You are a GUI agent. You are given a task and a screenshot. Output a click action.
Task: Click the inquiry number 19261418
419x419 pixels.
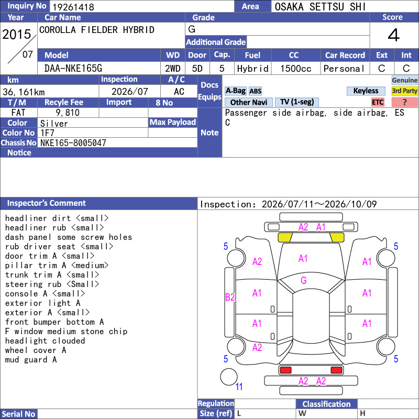pyautogui.click(x=73, y=7)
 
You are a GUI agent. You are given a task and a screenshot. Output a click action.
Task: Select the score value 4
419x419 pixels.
pyautogui.click(x=394, y=35)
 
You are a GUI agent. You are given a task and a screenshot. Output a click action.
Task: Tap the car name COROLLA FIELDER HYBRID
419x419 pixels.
pyautogui.click(x=97, y=30)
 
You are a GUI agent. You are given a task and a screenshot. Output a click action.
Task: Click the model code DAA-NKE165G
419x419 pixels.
pyautogui.click(x=73, y=69)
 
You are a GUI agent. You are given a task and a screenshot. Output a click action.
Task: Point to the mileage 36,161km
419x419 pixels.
pyautogui.click(x=24, y=92)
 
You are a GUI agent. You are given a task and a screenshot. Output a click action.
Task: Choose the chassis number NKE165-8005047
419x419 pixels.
pyautogui.click(x=73, y=143)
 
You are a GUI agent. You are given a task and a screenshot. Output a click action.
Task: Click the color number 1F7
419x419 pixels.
pyautogui.click(x=47, y=133)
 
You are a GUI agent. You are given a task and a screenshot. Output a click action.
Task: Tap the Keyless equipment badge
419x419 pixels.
pyautogui.click(x=366, y=91)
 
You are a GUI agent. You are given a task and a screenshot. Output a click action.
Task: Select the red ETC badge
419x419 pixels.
pyautogui.click(x=378, y=102)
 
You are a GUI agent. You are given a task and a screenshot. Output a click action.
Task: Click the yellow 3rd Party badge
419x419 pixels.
pyautogui.click(x=404, y=91)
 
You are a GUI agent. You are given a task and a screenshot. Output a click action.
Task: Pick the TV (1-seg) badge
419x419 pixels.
pyautogui.click(x=296, y=102)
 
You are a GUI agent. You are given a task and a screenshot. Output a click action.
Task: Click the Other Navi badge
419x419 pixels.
pyautogui.click(x=248, y=102)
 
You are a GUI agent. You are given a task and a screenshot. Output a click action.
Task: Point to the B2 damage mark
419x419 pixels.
pyautogui.click(x=230, y=297)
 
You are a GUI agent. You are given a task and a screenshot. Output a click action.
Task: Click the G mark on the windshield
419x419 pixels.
pyautogui.click(x=304, y=280)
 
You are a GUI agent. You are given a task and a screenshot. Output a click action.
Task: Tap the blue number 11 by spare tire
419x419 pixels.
pyautogui.click(x=239, y=387)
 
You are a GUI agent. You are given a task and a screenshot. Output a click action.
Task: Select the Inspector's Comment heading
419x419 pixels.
pyautogui.click(x=46, y=203)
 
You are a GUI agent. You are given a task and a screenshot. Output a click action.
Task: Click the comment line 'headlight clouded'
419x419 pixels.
pyautogui.click(x=45, y=341)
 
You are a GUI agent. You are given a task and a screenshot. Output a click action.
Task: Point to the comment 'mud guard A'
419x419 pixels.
pyautogui.click(x=31, y=360)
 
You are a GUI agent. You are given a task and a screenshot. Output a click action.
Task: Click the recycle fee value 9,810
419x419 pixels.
pyautogui.click(x=68, y=113)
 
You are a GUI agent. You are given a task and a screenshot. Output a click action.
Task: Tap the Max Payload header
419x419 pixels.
pyautogui.click(x=173, y=122)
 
